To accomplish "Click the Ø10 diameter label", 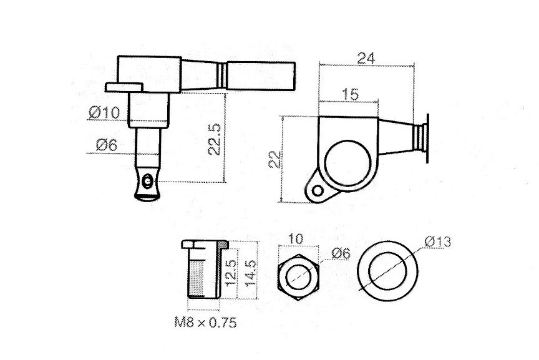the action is (104, 112).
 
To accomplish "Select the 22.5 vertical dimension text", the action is (214, 139).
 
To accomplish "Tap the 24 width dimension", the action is (366, 58).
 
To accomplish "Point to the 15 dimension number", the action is (351, 94).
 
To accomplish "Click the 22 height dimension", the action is (275, 160).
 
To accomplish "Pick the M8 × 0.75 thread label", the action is (206, 322).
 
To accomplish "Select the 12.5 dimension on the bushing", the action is (230, 273).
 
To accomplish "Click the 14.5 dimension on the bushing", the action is (250, 273).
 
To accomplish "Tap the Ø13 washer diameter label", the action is (437, 241).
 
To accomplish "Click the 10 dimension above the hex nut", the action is (296, 238).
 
